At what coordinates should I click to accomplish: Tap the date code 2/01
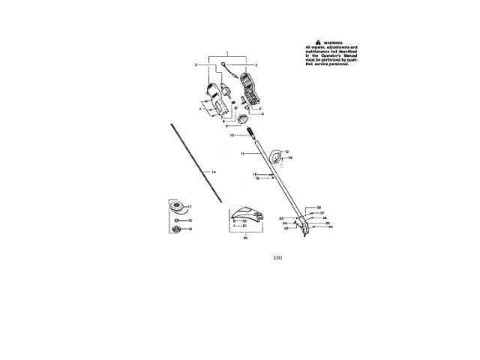(278, 257)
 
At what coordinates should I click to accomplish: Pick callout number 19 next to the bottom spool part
(190, 229)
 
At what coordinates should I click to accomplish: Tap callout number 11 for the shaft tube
(243, 153)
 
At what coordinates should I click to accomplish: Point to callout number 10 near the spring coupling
(232, 135)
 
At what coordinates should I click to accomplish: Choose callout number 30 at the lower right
(330, 225)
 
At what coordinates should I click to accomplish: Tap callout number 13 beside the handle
(289, 158)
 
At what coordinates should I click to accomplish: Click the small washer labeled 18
(178, 220)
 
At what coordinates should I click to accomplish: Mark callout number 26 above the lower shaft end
(319, 206)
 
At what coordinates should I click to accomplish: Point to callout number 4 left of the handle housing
(200, 109)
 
